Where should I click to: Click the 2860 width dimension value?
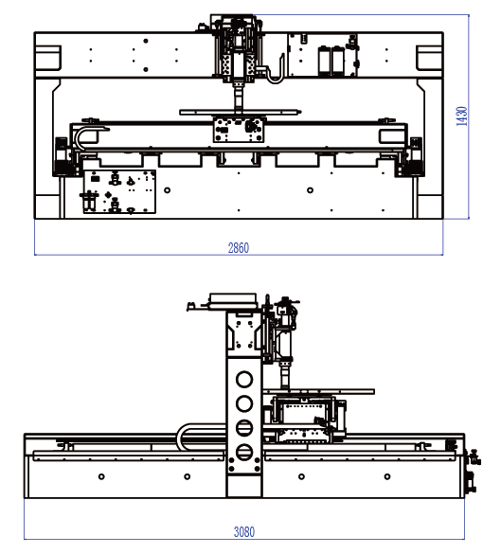pyautogui.click(x=239, y=248)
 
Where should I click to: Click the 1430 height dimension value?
pyautogui.click(x=462, y=116)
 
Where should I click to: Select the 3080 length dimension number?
pyautogui.click(x=244, y=531)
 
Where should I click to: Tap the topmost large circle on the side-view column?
pyautogui.click(x=244, y=380)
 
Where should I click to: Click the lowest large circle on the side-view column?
pyautogui.click(x=244, y=453)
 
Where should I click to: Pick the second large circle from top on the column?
pyautogui.click(x=244, y=403)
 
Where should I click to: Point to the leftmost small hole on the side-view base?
pyautogui.click(x=101, y=476)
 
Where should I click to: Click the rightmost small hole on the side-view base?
pyautogui.click(x=387, y=476)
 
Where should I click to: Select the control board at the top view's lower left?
pyautogui.click(x=119, y=192)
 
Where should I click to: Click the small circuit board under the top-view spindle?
pyautogui.click(x=239, y=130)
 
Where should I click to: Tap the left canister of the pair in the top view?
pyautogui.click(x=324, y=61)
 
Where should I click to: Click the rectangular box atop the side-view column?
pyautogui.click(x=233, y=300)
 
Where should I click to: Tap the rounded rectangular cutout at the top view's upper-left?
pyautogui.click(x=48, y=58)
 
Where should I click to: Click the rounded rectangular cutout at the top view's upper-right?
pyautogui.click(x=429, y=58)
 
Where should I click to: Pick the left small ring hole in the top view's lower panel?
pyautogui.click(x=168, y=190)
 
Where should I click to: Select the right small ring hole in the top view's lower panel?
pyautogui.click(x=310, y=190)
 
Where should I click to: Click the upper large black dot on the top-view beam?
pyautogui.click(x=146, y=41)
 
